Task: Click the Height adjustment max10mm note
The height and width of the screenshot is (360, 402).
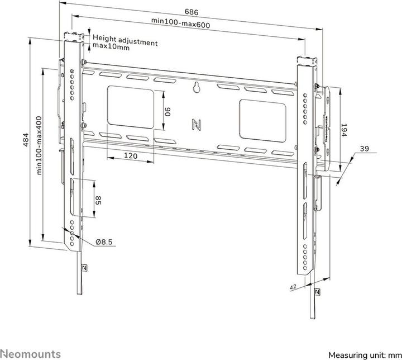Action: pyautogui.click(x=125, y=42)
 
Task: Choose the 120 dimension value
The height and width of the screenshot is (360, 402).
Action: pyautogui.click(x=130, y=157)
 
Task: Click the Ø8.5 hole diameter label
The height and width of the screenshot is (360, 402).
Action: pyautogui.click(x=104, y=241)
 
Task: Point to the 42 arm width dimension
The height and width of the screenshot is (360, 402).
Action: pyautogui.click(x=293, y=287)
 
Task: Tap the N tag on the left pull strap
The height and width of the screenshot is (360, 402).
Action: pyautogui.click(x=84, y=267)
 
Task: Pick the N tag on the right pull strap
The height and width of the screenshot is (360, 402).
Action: pyautogui.click(x=317, y=292)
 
